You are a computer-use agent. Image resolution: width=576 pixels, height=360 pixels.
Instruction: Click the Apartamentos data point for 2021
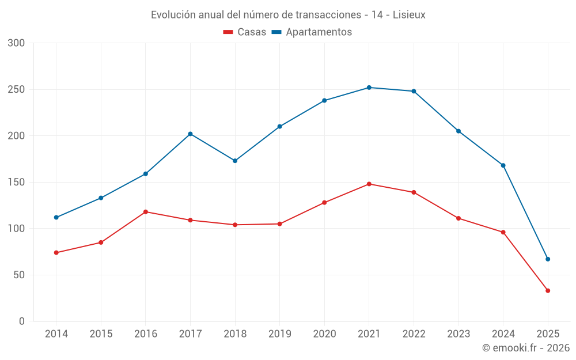click(x=369, y=88)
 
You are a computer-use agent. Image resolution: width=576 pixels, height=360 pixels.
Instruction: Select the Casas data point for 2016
click(x=146, y=212)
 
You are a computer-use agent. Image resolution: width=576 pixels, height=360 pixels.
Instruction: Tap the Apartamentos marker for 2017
click(x=190, y=134)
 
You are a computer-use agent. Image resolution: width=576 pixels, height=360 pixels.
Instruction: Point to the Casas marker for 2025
click(x=548, y=291)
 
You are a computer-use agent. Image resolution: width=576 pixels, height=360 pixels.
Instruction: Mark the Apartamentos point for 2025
click(x=548, y=259)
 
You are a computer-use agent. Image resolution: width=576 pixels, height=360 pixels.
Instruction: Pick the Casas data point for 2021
click(x=369, y=184)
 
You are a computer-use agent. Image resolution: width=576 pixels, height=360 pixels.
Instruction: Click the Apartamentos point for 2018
click(x=235, y=161)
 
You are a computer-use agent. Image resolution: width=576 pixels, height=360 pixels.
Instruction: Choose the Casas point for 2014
click(x=56, y=252)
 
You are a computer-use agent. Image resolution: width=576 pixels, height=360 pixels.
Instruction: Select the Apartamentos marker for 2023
click(x=458, y=131)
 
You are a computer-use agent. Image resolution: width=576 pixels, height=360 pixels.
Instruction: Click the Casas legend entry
click(x=245, y=32)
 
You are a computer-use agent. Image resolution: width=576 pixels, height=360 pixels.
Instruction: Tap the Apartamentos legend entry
click(x=312, y=32)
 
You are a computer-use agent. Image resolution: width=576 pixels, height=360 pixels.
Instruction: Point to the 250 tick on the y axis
click(x=17, y=89)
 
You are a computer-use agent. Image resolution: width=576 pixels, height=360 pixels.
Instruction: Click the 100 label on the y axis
click(x=17, y=229)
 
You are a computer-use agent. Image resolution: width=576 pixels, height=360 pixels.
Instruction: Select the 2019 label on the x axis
click(x=280, y=334)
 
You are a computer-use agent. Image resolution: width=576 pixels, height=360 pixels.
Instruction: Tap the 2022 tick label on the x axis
click(x=414, y=334)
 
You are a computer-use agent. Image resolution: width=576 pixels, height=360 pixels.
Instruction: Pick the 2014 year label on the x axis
click(x=56, y=334)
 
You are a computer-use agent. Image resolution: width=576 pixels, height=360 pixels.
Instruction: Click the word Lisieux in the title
click(x=409, y=15)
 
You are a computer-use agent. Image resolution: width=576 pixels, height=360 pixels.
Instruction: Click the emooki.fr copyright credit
click(x=526, y=348)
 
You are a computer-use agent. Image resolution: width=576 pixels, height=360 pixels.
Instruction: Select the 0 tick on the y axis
click(x=22, y=321)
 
